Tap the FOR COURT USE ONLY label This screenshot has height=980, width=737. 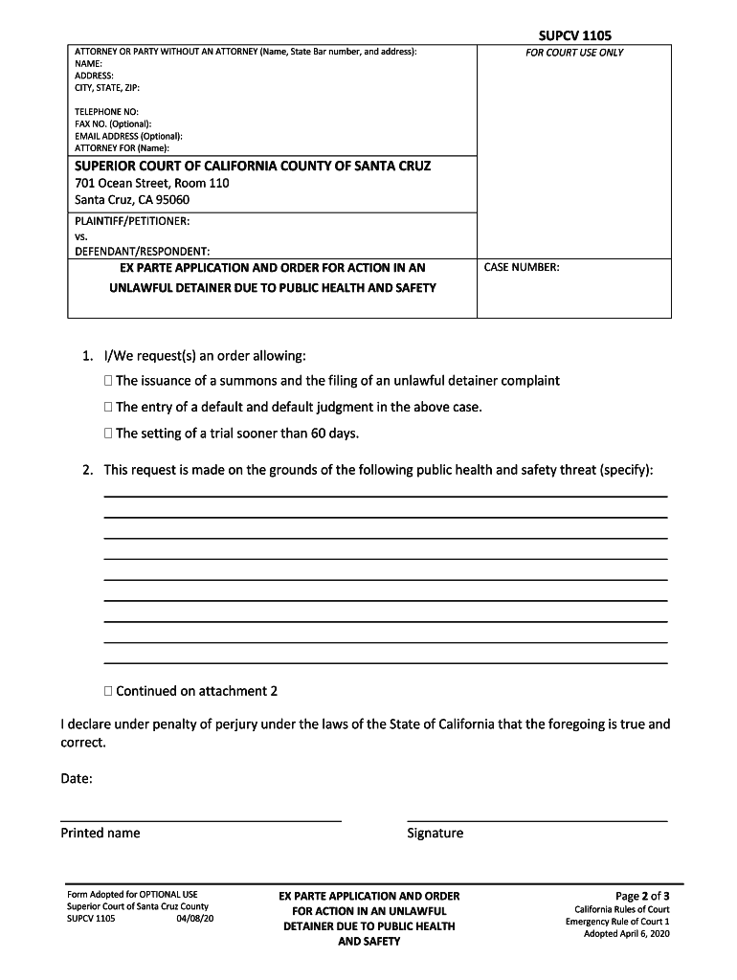[x=573, y=53]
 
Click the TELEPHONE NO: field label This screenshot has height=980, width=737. [x=106, y=112]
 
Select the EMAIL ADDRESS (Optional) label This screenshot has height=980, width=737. [x=128, y=136]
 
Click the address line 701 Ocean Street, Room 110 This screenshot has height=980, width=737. [x=152, y=183]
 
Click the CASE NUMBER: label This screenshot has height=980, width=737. [x=522, y=267]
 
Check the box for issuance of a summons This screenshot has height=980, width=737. [x=108, y=381]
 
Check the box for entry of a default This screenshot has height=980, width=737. [x=108, y=408]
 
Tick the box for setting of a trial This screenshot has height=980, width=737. [x=108, y=434]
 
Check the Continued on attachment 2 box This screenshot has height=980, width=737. [x=108, y=691]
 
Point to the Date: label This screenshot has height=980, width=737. [x=77, y=779]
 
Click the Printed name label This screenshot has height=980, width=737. [x=100, y=833]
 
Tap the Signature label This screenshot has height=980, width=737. [x=435, y=833]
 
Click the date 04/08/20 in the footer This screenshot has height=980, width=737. [x=195, y=919]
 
